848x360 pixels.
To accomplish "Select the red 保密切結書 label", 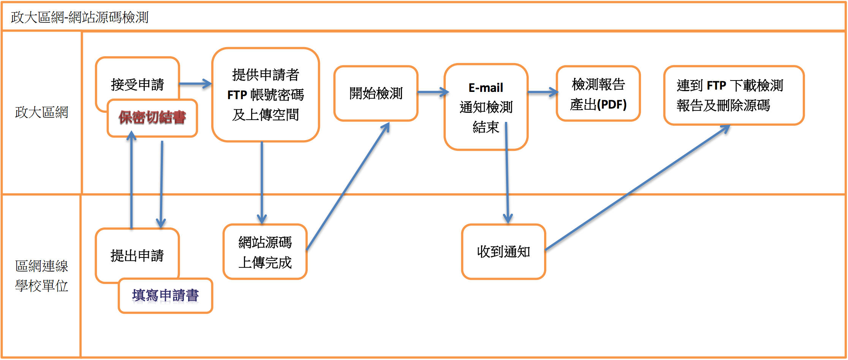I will pos(152,118).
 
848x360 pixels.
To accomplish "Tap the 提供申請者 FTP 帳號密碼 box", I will pos(266,95).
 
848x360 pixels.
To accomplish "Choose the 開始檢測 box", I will pos(376,93).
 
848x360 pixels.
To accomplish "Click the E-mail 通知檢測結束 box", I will pos(486,107).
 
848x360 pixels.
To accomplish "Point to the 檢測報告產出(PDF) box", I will pos(598,94).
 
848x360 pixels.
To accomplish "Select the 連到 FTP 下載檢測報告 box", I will pos(734,95).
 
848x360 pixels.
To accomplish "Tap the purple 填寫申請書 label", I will pos(165,295).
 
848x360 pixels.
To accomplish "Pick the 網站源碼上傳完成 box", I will pos(265,252).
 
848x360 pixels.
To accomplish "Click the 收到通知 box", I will pos(503,252).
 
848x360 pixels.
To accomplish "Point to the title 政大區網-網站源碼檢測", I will pos(80,17).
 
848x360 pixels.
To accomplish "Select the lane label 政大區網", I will pos(41,112).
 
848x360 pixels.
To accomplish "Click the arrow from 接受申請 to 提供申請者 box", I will pos(195,84).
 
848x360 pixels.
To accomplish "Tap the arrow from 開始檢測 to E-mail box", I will pos(433,92).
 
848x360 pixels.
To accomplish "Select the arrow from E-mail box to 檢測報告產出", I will pos(543,92).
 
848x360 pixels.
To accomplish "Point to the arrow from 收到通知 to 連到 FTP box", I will pos(638,188).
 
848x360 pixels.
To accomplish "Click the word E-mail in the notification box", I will pos(486,88).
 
